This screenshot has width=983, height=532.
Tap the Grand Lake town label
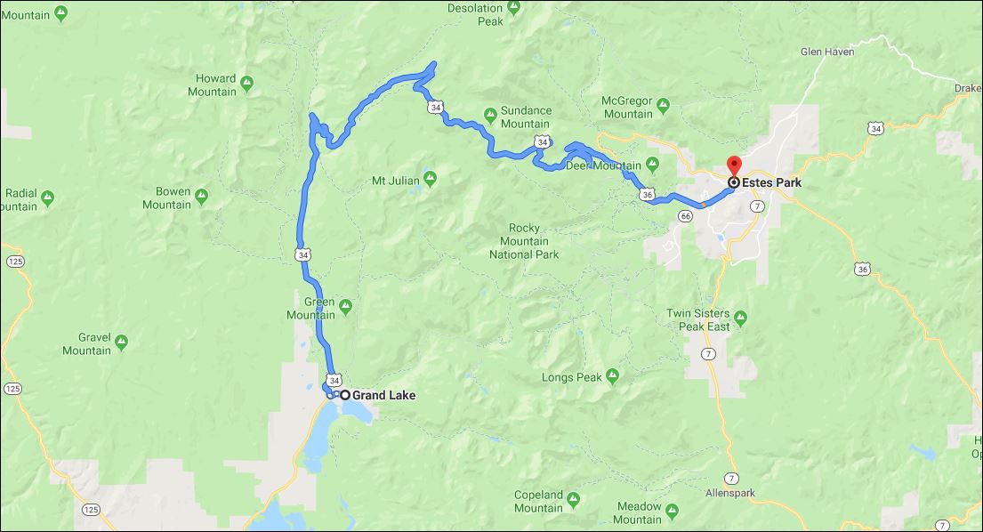(383, 395)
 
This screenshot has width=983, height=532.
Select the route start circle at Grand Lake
(344, 395)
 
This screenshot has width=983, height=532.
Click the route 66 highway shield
(685, 215)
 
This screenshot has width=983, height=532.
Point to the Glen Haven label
(827, 52)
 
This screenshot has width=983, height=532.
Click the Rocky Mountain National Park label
(524, 241)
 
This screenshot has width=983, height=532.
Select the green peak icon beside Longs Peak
(612, 377)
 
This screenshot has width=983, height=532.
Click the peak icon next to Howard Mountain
(247, 84)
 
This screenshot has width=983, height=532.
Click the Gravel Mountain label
(86, 344)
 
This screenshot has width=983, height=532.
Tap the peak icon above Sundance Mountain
(490, 112)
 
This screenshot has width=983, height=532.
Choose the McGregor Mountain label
(628, 107)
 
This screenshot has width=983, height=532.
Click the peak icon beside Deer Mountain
(652, 165)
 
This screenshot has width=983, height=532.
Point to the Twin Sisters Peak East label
(698, 320)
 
